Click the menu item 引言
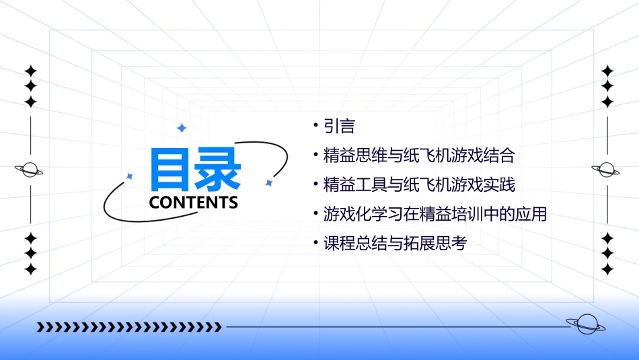[x=339, y=127]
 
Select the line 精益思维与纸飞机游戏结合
[x=418, y=156]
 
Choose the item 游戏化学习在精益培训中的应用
[x=435, y=215]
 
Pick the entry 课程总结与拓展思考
[x=394, y=244]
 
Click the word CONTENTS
[x=194, y=203]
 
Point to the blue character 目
[x=171, y=170]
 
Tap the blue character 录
[x=219, y=170]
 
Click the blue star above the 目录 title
[x=182, y=128]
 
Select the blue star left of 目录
[x=130, y=176]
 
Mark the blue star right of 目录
[x=268, y=182]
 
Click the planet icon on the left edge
[x=30, y=170]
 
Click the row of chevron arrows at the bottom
[x=129, y=328]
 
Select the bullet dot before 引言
[x=315, y=125]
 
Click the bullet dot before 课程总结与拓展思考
[x=315, y=242]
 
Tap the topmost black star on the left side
[x=30, y=70]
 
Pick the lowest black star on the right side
[x=607, y=269]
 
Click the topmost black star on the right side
[x=607, y=70]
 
